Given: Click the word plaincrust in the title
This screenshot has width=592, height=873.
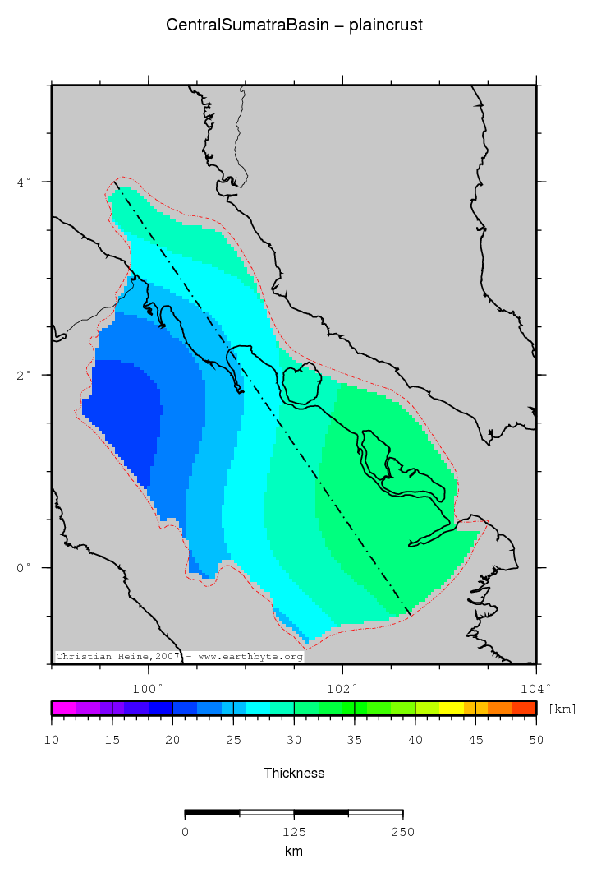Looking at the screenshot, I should (386, 25).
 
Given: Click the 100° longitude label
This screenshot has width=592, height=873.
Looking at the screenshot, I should (149, 688).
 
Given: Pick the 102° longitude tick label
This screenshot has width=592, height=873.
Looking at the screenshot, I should (342, 688).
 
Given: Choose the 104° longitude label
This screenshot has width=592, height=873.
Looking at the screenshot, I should (535, 688).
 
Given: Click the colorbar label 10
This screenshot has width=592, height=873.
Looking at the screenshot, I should (52, 740).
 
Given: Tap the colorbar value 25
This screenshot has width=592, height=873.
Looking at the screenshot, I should (233, 740).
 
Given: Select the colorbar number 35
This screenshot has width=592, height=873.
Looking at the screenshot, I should (355, 740).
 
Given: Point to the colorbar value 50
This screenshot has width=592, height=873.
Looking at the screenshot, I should (535, 740).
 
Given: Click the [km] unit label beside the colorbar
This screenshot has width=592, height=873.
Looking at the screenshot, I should (562, 709).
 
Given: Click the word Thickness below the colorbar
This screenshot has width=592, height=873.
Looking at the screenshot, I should (294, 773).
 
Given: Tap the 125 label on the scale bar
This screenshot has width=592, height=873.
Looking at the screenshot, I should (294, 832).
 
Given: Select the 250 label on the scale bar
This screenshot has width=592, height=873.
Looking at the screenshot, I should (402, 832).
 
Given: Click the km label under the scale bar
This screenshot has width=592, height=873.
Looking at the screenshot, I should (294, 852).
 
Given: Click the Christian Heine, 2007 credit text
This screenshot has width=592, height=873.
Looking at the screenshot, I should (117, 657).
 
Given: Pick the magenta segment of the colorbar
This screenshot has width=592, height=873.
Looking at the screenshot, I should (63, 708).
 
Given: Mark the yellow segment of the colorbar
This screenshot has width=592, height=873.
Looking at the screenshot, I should (452, 708).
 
